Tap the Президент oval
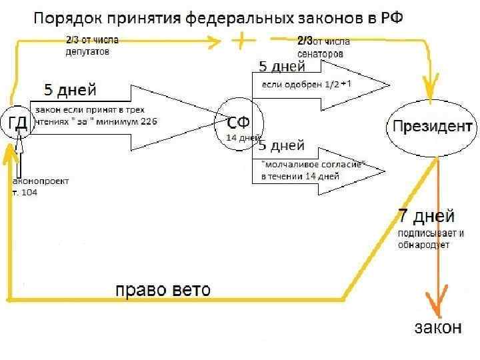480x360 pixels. (x=433, y=127)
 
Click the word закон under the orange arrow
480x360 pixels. (x=438, y=327)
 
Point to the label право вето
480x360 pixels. (x=163, y=290)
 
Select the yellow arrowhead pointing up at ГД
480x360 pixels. (x=9, y=155)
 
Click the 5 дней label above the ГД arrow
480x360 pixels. (x=70, y=89)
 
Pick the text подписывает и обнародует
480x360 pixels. (x=430, y=239)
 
